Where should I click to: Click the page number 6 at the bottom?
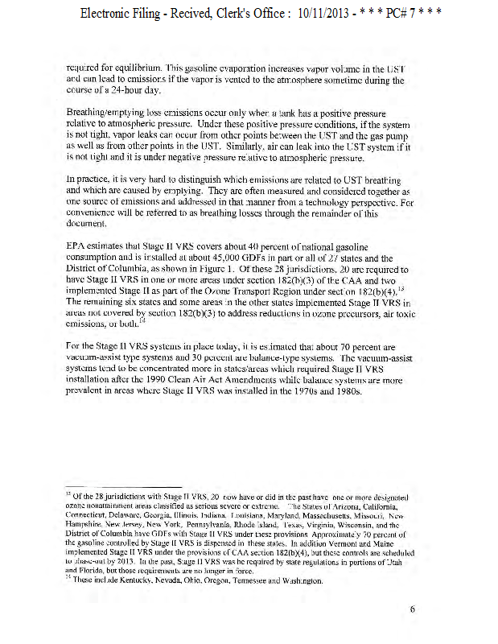pos(412,609)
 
